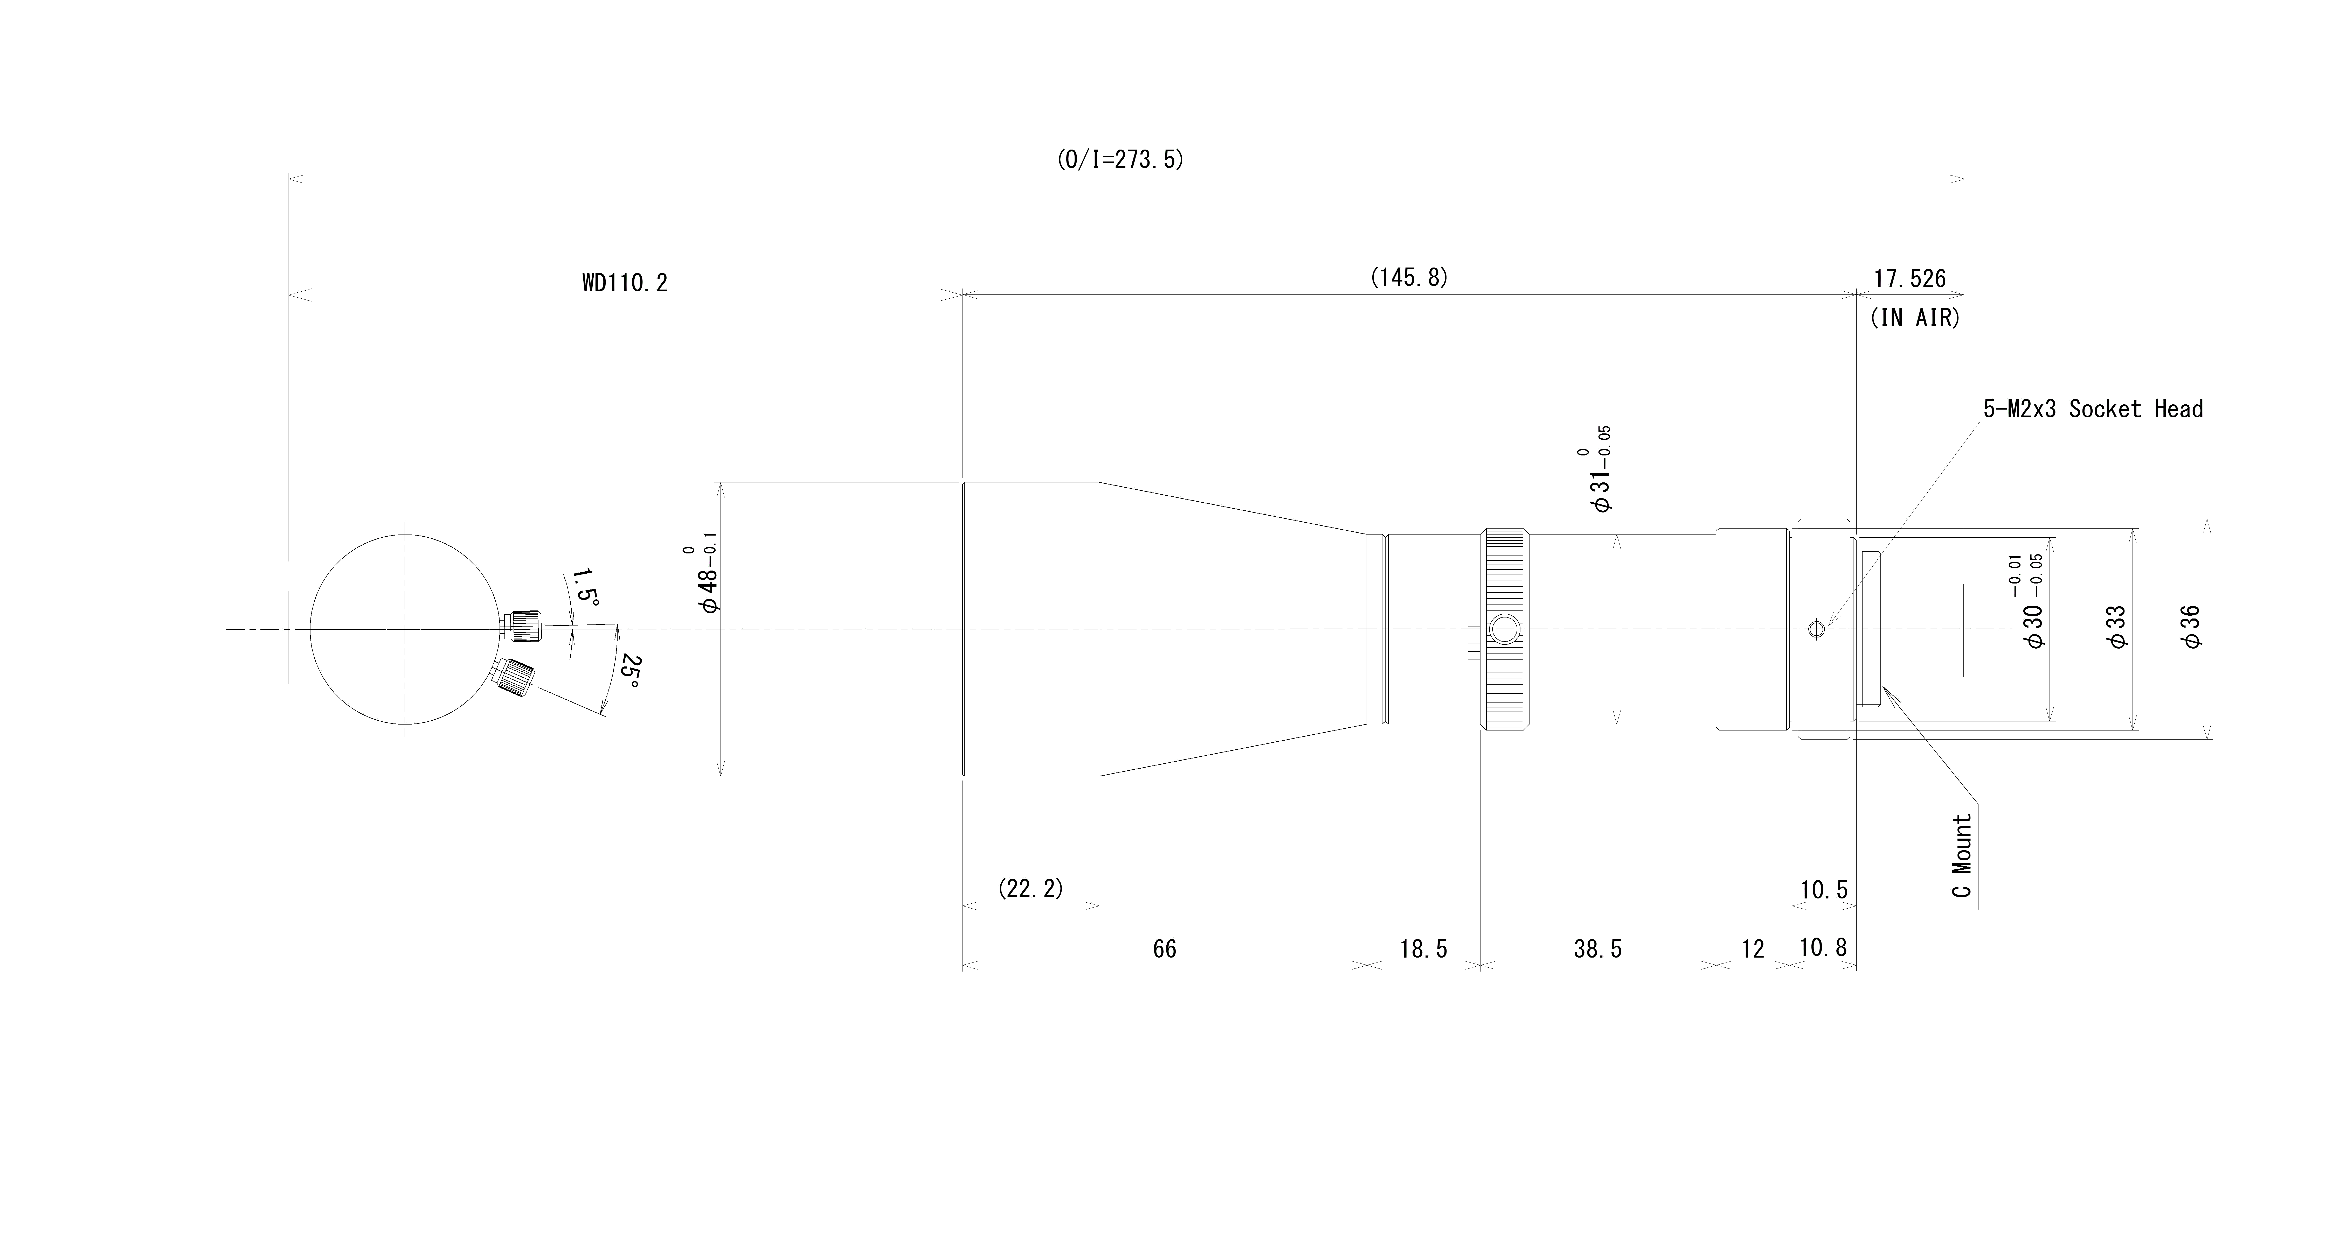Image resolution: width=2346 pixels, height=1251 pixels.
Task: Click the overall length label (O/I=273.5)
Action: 1120,160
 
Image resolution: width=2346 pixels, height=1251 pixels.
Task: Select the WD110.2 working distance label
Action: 625,283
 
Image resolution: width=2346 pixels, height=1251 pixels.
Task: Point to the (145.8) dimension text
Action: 1409,278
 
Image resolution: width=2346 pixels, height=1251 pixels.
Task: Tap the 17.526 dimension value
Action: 1910,279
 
